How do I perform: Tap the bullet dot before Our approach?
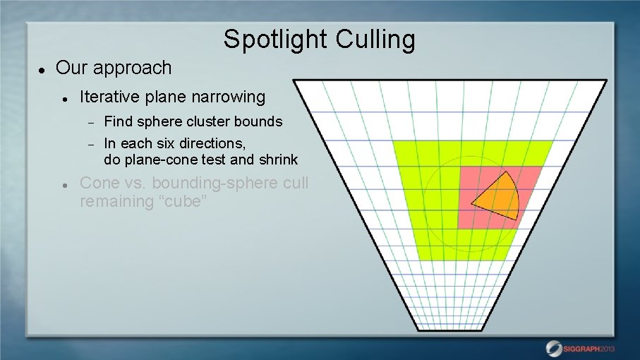[x=42, y=70]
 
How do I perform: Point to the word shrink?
[x=277, y=160]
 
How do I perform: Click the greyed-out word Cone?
[x=100, y=184]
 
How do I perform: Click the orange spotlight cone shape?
[x=500, y=196]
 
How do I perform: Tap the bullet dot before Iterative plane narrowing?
[x=64, y=99]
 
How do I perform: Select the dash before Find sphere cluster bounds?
[x=90, y=122]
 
